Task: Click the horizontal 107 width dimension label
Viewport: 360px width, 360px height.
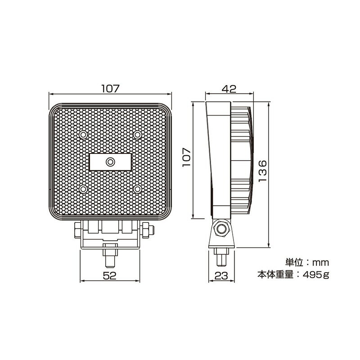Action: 110,89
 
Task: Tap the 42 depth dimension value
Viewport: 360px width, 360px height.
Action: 229,89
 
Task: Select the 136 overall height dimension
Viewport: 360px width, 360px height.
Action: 264,171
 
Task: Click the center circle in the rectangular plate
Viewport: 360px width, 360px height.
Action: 110,162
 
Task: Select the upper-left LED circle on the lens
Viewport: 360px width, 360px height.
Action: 84,135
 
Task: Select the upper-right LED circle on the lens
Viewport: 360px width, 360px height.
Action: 137,135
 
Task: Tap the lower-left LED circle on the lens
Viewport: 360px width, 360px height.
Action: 84,188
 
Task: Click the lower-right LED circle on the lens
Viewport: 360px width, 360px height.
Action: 137,188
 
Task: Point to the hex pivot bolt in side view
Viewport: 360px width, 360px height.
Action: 221,229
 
